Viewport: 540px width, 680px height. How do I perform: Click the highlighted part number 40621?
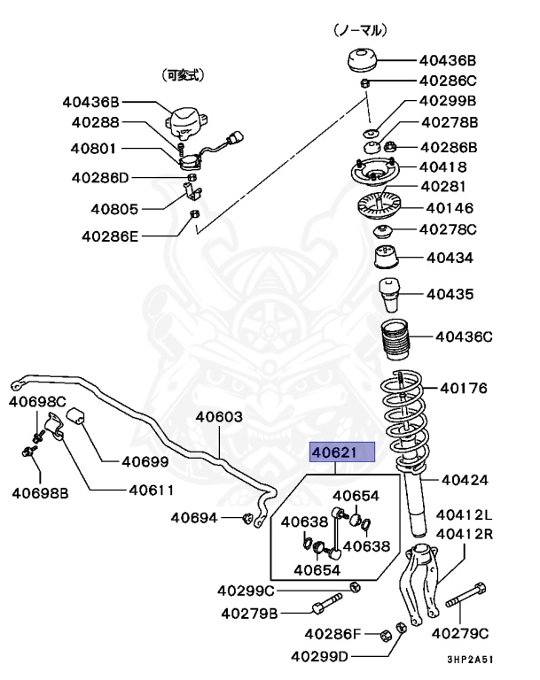(x=342, y=453)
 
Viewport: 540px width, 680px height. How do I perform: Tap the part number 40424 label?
(x=465, y=481)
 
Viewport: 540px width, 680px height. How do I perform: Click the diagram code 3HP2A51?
(x=471, y=660)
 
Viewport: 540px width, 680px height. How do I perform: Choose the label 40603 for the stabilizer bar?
(x=219, y=417)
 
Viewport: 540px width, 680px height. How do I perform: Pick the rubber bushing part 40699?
(x=77, y=415)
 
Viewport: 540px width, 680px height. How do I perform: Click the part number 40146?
(x=450, y=208)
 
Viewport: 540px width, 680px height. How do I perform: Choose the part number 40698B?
(x=39, y=492)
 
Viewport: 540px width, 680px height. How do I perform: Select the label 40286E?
(x=111, y=236)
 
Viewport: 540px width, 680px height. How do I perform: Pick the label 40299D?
(x=319, y=656)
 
